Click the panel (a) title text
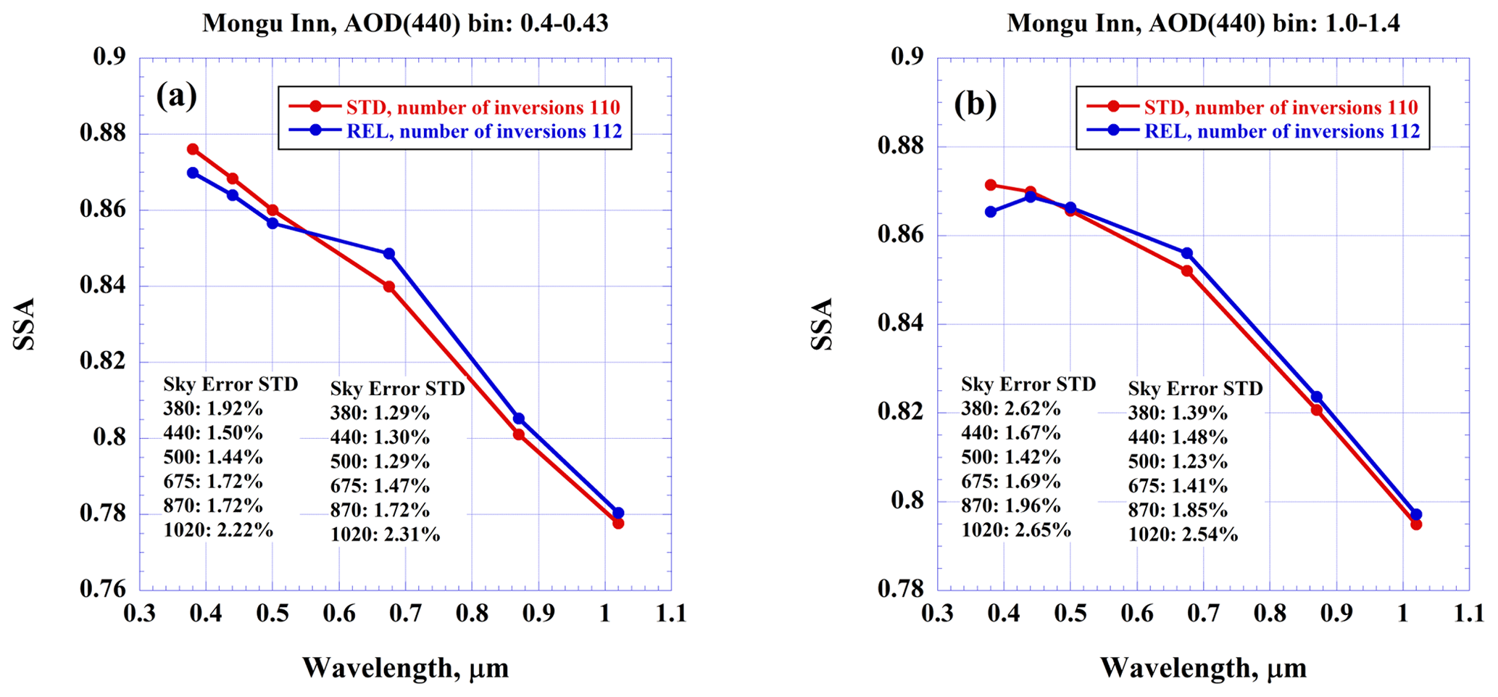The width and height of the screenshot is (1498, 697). click(405, 23)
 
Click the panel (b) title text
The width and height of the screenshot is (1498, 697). click(1203, 23)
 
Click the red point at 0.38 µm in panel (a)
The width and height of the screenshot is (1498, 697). click(193, 149)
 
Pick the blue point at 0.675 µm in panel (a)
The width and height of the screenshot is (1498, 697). click(389, 254)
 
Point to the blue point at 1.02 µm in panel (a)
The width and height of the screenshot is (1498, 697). click(618, 513)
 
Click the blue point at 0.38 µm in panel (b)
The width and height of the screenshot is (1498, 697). click(991, 212)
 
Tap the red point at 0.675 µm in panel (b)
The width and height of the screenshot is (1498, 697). click(1187, 271)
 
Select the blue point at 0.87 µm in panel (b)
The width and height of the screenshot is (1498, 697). click(1317, 397)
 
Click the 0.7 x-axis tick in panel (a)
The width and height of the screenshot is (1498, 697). click(405, 614)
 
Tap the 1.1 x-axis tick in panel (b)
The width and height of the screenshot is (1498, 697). click(1469, 614)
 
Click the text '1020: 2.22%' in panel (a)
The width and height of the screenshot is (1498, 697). click(218, 530)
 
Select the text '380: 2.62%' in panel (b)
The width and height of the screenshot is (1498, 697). click(1011, 408)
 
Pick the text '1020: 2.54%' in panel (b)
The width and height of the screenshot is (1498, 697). click(1183, 535)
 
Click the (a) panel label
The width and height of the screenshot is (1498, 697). click(176, 96)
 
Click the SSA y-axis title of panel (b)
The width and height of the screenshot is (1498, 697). click(822, 323)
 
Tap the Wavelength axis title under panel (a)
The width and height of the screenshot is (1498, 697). click(405, 667)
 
